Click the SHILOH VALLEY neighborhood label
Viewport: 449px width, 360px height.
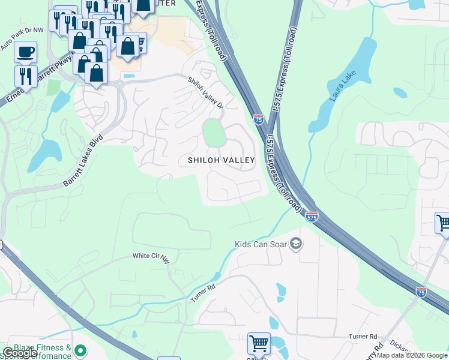coord(221,160)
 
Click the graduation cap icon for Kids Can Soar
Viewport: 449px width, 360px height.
coord(295,244)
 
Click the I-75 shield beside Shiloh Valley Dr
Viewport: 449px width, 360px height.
coord(259,119)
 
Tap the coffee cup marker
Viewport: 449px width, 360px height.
coord(25,52)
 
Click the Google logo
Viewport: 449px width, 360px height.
coord(20,353)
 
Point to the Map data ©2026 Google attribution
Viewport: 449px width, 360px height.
coord(412,355)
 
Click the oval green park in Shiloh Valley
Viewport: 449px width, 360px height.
coord(214,133)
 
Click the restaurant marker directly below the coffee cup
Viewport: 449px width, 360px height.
coord(25,75)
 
